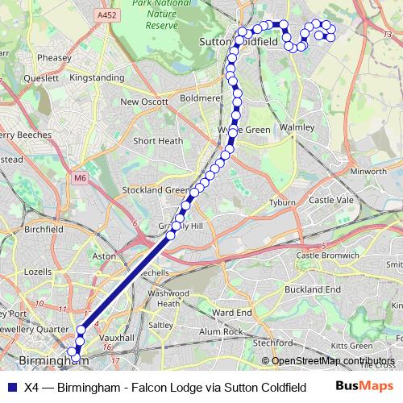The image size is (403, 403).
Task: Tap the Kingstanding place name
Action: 98,78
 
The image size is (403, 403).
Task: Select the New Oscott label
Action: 144,102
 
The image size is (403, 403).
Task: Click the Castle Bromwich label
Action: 327,255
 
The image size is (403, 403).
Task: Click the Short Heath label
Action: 158,140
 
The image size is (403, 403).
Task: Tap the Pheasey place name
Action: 54,58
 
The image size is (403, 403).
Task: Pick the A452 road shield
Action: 104,15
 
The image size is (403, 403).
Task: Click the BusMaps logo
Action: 364,386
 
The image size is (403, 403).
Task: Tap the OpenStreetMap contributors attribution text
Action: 333,360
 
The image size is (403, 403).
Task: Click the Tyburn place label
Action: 281,202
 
